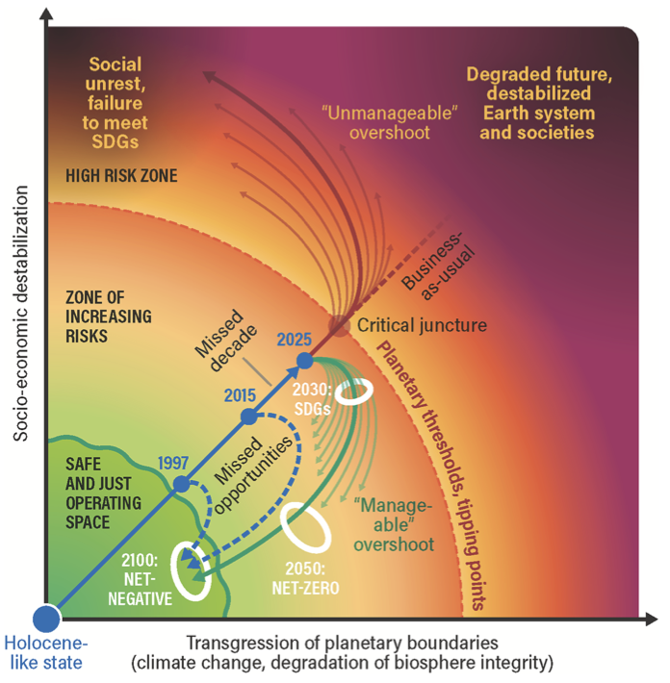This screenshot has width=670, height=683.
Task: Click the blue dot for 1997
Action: [x=180, y=485]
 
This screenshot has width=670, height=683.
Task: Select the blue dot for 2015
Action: [x=247, y=417]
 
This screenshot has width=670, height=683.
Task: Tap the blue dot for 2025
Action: [x=304, y=361]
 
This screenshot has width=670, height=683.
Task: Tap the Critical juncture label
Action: [x=423, y=326]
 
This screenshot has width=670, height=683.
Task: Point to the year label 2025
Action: [x=294, y=340]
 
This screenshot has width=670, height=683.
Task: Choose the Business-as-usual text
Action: [x=431, y=270]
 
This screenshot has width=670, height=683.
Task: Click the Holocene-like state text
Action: [x=44, y=653]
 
